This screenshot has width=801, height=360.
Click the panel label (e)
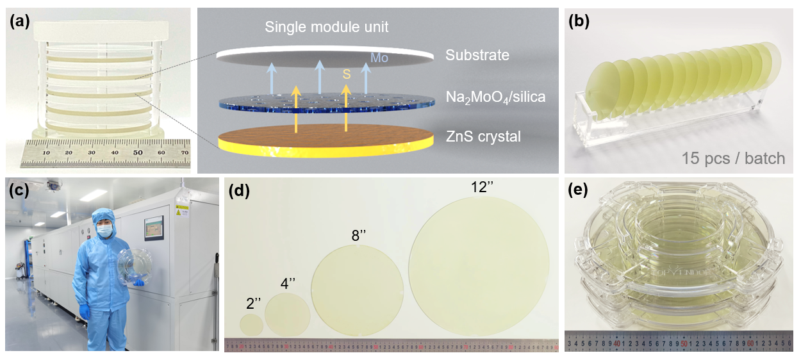point(579,190)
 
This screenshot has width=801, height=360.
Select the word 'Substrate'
point(477,55)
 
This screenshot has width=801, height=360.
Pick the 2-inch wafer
point(251,325)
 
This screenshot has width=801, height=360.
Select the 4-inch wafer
point(288,314)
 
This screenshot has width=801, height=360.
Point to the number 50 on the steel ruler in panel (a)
point(138,154)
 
